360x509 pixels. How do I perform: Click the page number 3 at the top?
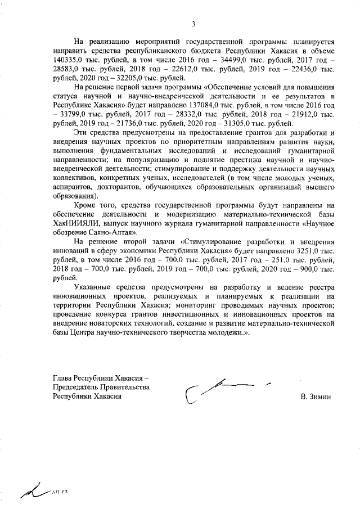point(193,24)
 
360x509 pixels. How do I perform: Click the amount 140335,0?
point(67,61)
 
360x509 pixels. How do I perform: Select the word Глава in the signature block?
point(62,378)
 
